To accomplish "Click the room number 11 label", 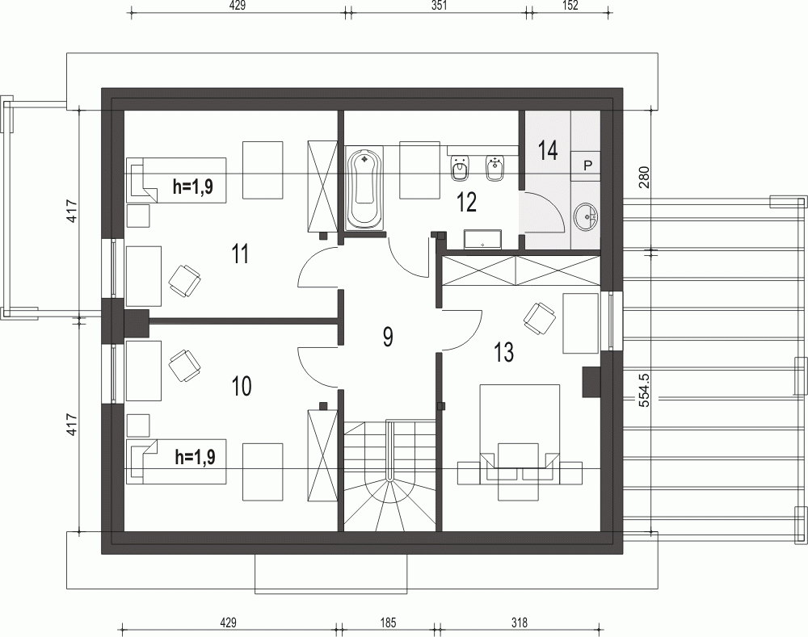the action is [x=240, y=254].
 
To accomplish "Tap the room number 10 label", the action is [x=241, y=386].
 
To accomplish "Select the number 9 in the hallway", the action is [x=388, y=337].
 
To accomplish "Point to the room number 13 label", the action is [x=504, y=352].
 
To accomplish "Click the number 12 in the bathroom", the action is [x=466, y=203].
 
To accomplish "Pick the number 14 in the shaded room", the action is [x=548, y=151].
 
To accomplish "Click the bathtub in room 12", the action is [x=365, y=188].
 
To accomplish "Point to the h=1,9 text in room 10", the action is [x=196, y=457].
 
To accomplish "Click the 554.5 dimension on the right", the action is [x=645, y=390].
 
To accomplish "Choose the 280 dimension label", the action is [x=645, y=177].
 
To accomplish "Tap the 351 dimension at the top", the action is [x=439, y=5].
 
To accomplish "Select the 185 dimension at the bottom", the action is [x=388, y=623].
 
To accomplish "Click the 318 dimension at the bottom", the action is [x=520, y=623].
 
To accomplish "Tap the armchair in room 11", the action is [x=184, y=281].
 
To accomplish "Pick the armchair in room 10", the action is [x=184, y=366].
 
